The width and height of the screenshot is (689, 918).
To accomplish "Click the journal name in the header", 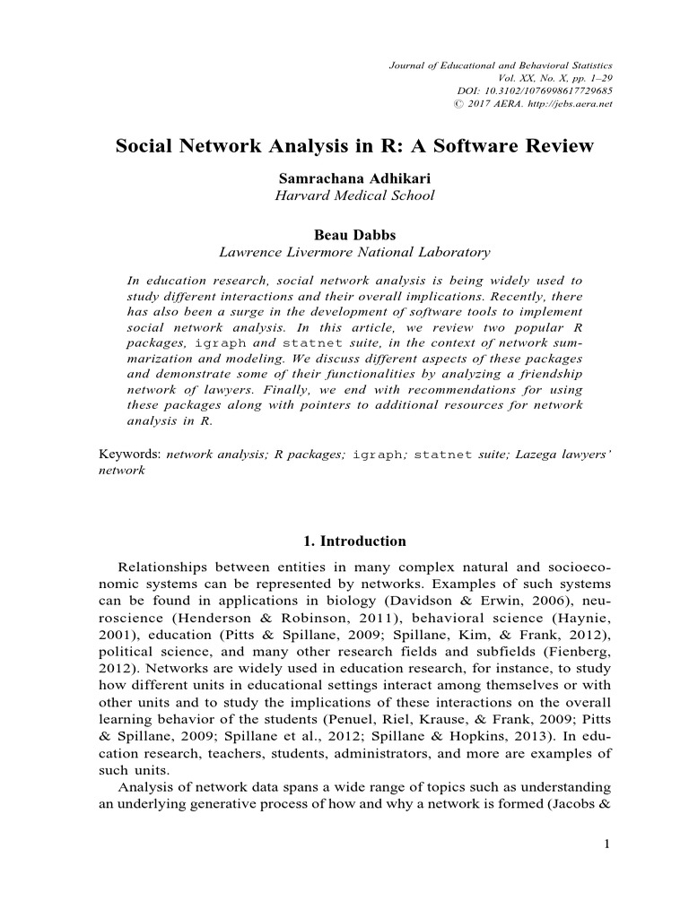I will click(501, 66).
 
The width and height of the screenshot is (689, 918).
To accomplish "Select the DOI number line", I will click(535, 91).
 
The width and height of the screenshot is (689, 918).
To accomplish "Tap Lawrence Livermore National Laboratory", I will click(354, 252).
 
